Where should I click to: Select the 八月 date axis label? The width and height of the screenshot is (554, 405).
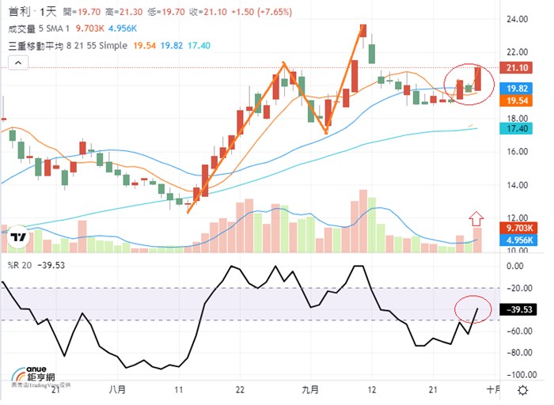coord(118,390)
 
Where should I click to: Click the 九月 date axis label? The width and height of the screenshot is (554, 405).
coord(310,390)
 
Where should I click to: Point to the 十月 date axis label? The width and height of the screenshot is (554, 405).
coord(493,390)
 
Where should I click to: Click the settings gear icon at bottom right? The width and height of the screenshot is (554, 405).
coord(523,391)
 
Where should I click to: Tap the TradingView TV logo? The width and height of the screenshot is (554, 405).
coord(21,237)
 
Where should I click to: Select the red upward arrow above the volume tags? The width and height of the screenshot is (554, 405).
coord(476,217)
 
